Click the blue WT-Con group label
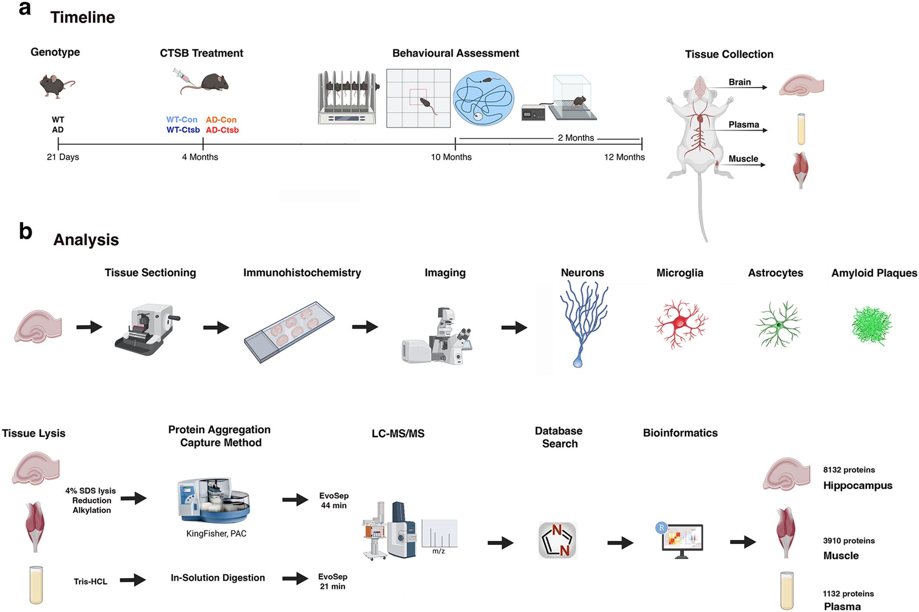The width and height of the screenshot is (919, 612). coord(181,120)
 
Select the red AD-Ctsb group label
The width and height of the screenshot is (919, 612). coord(222,130)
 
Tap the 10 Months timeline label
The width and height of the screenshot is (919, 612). coord(451,157)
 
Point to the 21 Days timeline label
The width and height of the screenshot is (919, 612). coord(63,157)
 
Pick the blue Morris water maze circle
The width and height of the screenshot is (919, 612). coord(483,98)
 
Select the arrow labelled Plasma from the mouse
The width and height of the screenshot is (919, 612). coord(747,130)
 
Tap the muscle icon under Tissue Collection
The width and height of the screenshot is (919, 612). coord(800,169)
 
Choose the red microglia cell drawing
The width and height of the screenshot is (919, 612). coord(681,323)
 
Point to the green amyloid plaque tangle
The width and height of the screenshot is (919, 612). coord(871,326)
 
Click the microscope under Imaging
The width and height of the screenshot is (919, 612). coord(438,337)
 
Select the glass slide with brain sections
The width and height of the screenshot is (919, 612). coord(289,332)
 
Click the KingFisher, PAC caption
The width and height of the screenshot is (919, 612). coord(216,534)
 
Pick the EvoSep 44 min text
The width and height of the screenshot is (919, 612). coord(333,501)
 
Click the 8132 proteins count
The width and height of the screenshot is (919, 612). coord(848,470)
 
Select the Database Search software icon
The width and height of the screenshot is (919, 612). coord(558,540)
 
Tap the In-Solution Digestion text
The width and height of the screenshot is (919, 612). coord(218,578)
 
